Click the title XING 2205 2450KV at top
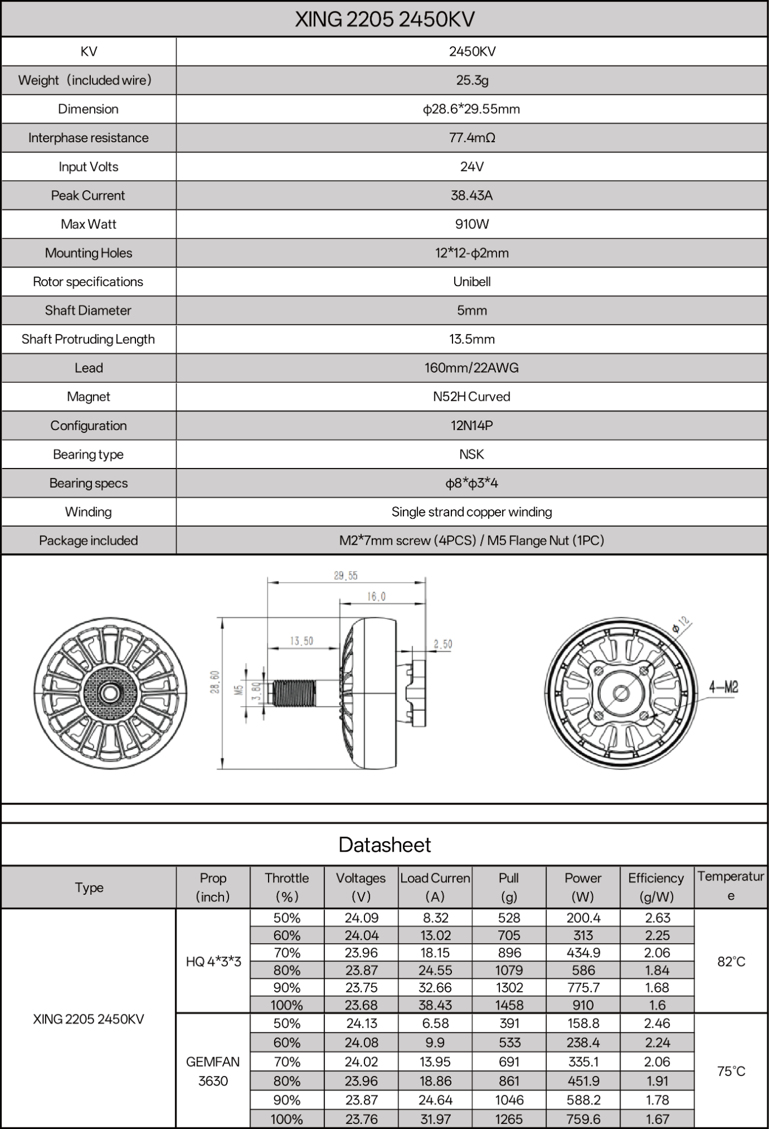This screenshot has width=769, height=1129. click(384, 20)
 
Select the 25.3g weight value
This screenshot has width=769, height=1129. click(472, 80)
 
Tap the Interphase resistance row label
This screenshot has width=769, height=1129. click(89, 138)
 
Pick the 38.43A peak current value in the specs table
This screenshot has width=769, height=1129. click(472, 195)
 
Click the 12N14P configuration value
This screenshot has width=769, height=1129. click(472, 426)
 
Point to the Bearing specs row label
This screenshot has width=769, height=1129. click(89, 483)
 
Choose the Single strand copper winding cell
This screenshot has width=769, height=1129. click(472, 512)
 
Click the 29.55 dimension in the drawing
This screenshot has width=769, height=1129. click(345, 576)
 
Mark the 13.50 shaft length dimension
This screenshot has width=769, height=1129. click(301, 641)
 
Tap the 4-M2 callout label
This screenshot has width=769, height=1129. click(723, 687)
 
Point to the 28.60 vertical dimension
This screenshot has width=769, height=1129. click(215, 682)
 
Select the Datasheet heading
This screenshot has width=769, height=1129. click(384, 844)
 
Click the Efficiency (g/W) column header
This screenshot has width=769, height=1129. click(656, 887)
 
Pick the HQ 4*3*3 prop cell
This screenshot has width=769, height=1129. click(213, 961)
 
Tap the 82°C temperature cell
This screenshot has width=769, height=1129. click(731, 961)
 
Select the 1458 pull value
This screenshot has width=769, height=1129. click(509, 1005)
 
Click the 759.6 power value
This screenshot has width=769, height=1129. click(583, 1119)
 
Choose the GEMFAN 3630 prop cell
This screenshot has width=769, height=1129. click(213, 1071)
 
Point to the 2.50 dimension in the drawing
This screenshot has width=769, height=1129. click(443, 644)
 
